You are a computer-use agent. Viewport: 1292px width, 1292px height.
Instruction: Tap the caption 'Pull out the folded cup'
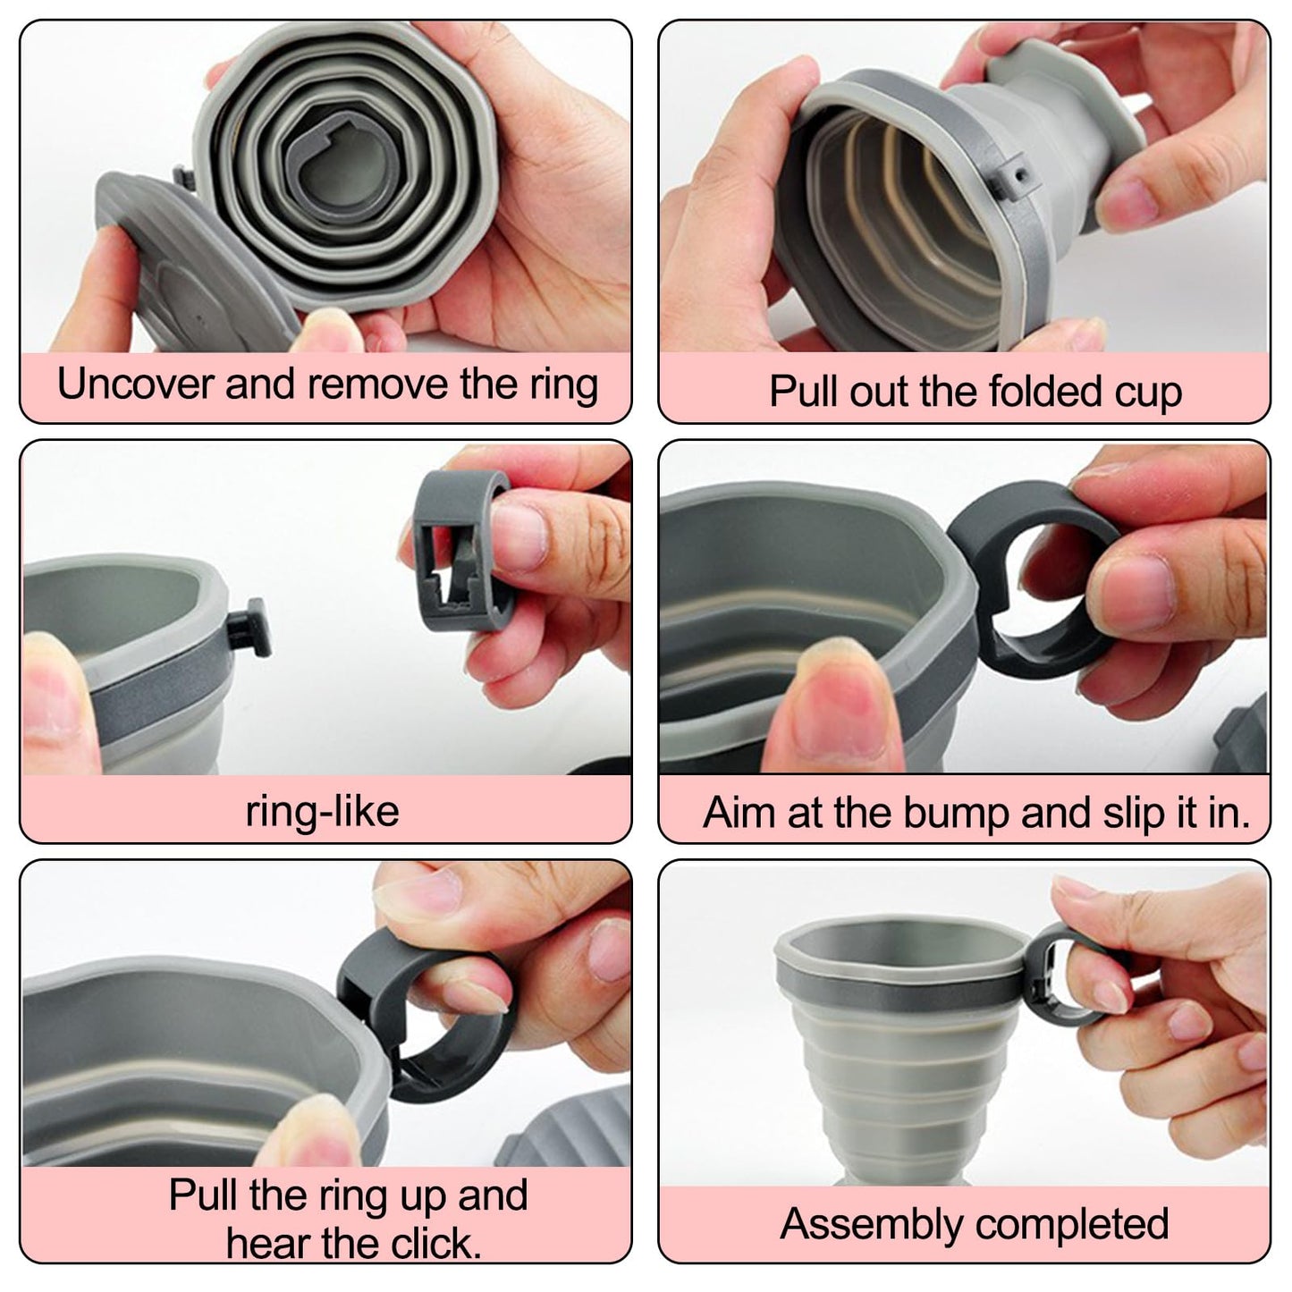(975, 392)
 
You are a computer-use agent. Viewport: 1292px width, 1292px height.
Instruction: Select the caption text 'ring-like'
(322, 812)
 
